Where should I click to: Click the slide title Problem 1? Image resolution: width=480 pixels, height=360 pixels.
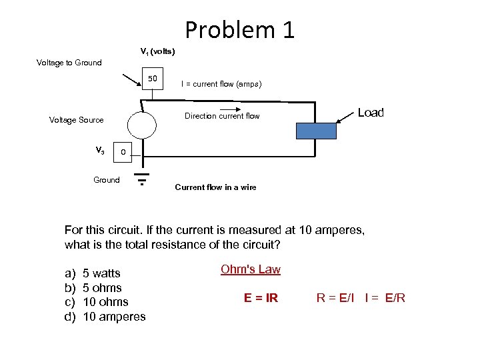tap(239, 30)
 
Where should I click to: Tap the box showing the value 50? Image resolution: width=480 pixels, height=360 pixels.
tap(153, 80)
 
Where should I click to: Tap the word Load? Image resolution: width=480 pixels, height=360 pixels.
tap(371, 113)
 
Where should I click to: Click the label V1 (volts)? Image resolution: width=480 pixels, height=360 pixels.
tap(157, 51)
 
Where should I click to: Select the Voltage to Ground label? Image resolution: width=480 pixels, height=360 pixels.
tap(69, 63)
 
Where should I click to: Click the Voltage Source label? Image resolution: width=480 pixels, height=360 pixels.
tap(77, 120)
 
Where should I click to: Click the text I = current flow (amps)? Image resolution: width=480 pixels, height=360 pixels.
tap(221, 84)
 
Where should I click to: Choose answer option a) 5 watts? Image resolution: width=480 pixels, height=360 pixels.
tap(93, 273)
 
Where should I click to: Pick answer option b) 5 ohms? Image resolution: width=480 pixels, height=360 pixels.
tap(93, 288)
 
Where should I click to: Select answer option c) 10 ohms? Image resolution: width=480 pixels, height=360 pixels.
tap(96, 302)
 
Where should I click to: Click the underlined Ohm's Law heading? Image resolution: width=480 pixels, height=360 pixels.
tap(250, 269)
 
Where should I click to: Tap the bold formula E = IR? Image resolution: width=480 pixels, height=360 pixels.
tap(261, 298)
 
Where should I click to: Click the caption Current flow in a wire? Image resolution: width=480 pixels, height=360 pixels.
tap(215, 187)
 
